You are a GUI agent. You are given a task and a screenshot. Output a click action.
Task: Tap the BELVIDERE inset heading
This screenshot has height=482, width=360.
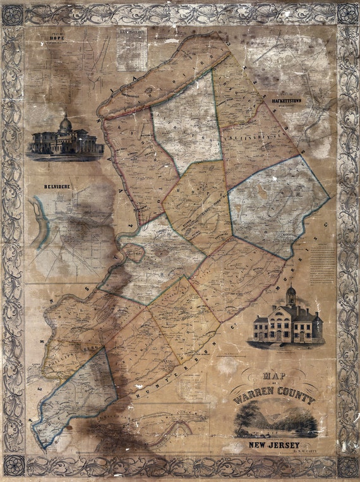tap(56, 188)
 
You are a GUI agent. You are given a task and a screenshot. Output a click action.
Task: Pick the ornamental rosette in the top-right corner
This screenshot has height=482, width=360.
tap(347, 14)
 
